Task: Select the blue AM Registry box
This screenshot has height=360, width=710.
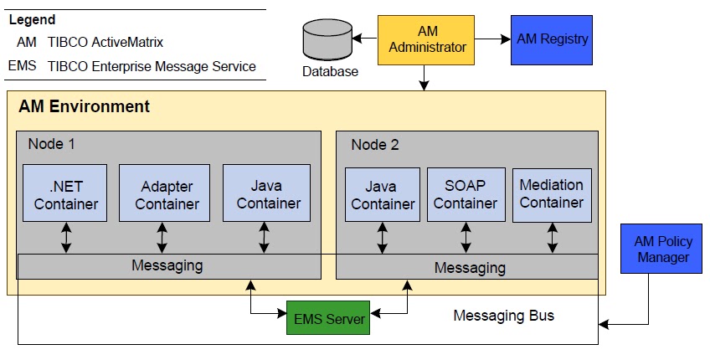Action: coord(552,39)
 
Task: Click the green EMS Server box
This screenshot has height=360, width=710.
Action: coord(329,319)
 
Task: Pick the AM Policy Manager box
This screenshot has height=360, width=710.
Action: coord(661,249)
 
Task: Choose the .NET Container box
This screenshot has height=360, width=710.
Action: coord(66,193)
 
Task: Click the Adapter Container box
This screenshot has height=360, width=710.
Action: coord(167,193)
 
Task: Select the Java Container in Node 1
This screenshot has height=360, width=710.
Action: coord(266,193)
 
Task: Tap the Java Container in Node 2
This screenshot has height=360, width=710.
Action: coord(383,195)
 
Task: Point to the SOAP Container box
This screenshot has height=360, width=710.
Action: coord(465,195)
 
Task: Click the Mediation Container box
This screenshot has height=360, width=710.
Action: coord(552,195)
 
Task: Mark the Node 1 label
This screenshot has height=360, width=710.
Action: coord(52,144)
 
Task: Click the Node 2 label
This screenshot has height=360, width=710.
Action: coord(375,145)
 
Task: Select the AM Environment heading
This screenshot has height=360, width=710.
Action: coord(84,106)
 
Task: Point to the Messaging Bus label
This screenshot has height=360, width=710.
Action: coord(503,316)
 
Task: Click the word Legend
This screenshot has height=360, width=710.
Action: coord(31,19)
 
